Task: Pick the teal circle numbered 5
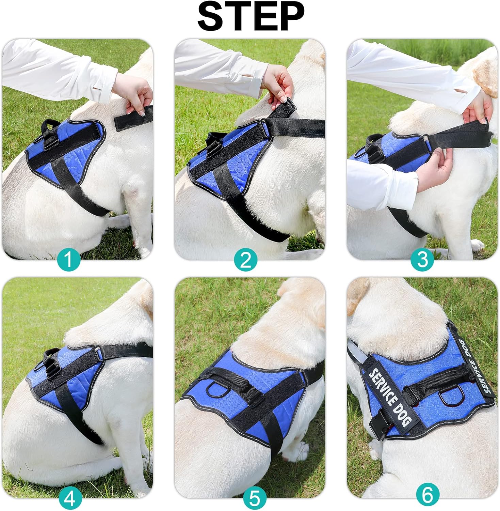pos(255,499)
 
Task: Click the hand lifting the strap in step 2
pos(280,83)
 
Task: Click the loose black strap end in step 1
pos(133,118)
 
